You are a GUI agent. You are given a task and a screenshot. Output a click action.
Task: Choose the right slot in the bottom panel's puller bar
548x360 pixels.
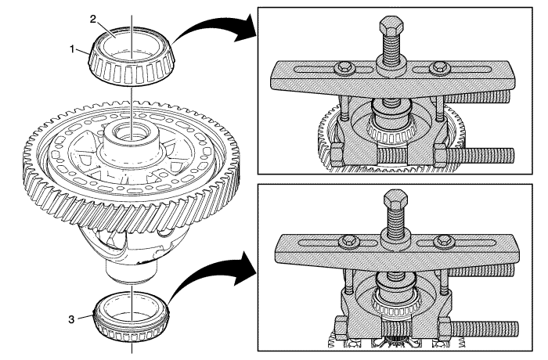(x=470, y=244)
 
